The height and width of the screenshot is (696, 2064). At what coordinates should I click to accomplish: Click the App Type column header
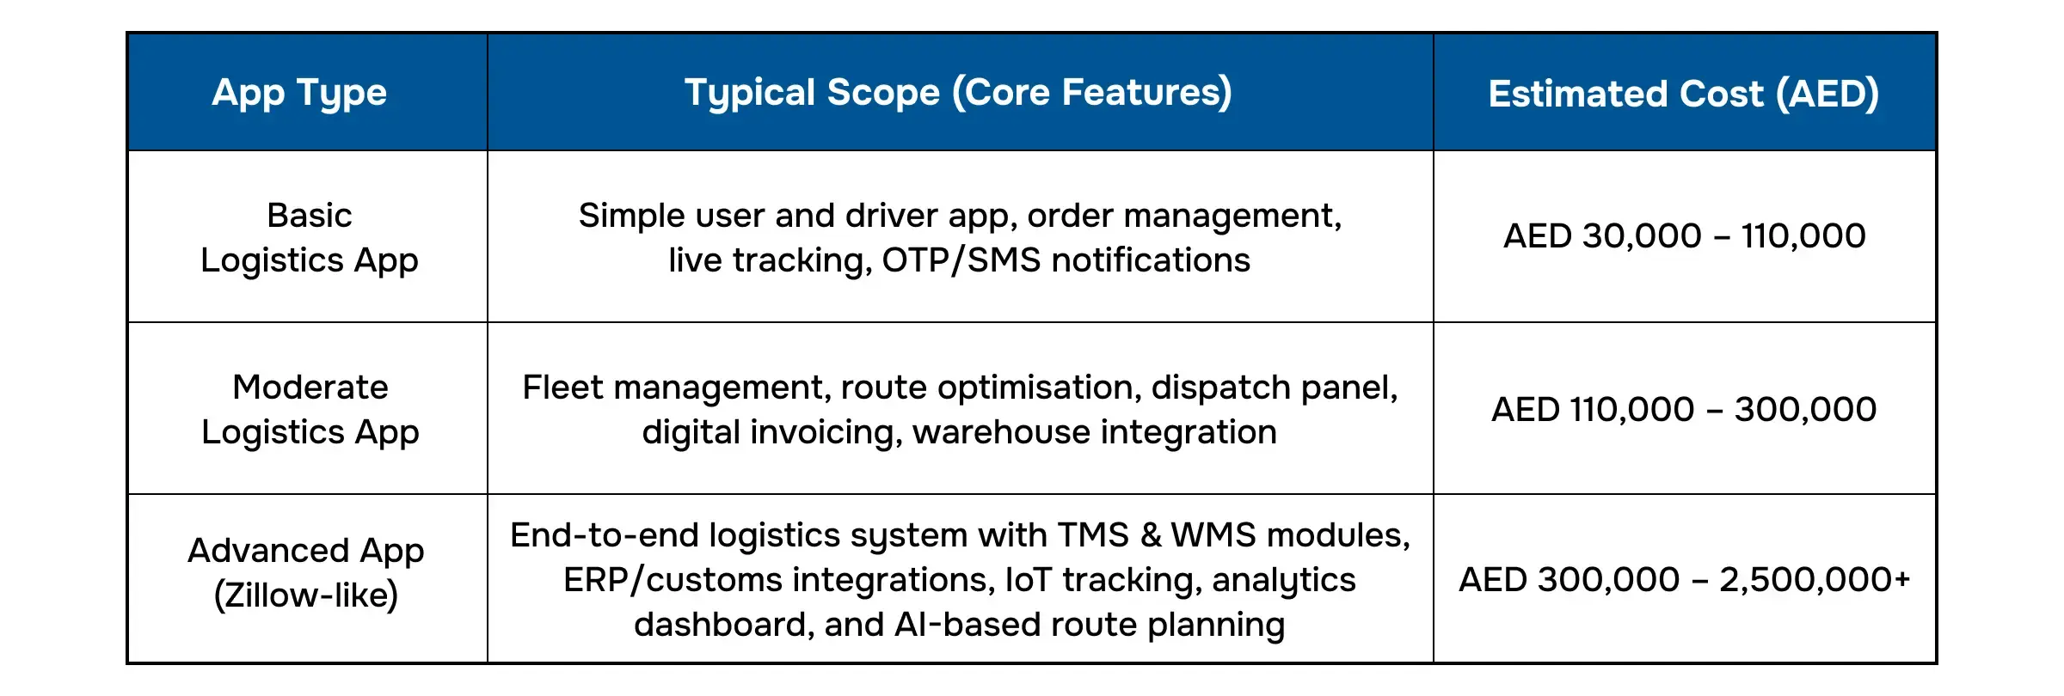[299, 93]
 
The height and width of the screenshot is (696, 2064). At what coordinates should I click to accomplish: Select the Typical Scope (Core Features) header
[958, 93]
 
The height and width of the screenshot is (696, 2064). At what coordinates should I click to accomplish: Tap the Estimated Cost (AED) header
[1684, 94]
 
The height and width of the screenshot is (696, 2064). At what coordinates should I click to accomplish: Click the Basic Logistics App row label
[310, 237]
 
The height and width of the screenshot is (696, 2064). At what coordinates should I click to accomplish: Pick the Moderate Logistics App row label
[310, 409]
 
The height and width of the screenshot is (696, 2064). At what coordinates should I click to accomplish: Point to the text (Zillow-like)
[306, 595]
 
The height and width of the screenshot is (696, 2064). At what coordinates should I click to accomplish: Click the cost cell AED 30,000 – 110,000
[1685, 235]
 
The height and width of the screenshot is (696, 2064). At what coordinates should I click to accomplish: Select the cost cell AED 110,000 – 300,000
[1684, 409]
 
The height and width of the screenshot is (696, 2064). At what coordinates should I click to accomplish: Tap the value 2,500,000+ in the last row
[1815, 580]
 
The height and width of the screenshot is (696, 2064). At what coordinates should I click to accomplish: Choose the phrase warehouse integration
[1095, 432]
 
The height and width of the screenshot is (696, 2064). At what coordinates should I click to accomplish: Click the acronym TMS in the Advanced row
[1093, 535]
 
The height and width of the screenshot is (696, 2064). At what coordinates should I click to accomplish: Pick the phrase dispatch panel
[1275, 388]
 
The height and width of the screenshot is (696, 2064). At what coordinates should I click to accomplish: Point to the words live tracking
[771, 260]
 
